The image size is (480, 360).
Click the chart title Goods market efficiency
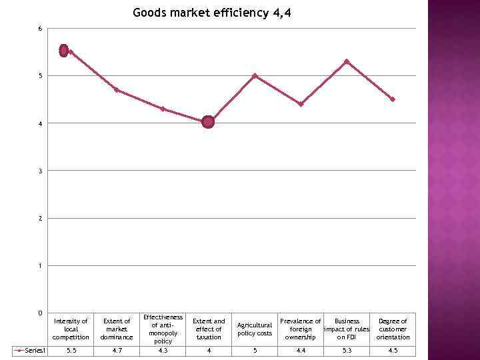click(212, 13)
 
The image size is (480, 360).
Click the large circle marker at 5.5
click(64, 50)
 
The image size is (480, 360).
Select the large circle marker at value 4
click(208, 122)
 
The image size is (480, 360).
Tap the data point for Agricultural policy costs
click(255, 76)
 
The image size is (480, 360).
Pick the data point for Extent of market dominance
click(117, 90)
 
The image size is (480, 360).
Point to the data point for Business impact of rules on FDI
click(347, 61)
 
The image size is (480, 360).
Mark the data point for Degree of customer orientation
click(393, 99)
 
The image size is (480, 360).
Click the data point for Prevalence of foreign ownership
click(301, 104)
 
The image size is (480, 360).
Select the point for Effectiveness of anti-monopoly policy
click(163, 109)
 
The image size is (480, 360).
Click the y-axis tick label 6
click(40, 29)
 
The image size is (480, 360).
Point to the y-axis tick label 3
click(40, 171)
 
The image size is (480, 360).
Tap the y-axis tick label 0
click(40, 313)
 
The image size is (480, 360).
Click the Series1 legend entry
click(30, 351)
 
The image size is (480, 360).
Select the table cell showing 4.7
click(117, 351)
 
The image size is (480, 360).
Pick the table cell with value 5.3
click(347, 351)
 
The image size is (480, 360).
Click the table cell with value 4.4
click(301, 351)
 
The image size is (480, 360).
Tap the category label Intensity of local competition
click(71, 329)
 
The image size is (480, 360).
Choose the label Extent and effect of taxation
click(209, 329)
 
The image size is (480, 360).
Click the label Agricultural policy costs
click(255, 329)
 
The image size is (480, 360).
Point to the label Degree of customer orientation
click(393, 329)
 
